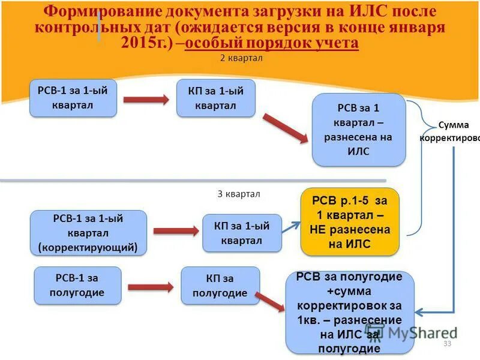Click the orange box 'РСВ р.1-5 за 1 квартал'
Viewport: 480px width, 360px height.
[350, 221]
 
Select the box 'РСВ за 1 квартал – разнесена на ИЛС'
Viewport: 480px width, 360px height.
[359, 130]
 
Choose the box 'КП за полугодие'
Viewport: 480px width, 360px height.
[220, 285]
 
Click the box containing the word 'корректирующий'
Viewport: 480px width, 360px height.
[88, 233]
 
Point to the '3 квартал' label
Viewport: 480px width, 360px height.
[239, 194]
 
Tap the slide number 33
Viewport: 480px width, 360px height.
[447, 343]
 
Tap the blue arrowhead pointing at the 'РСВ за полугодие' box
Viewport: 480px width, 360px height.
[421, 311]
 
